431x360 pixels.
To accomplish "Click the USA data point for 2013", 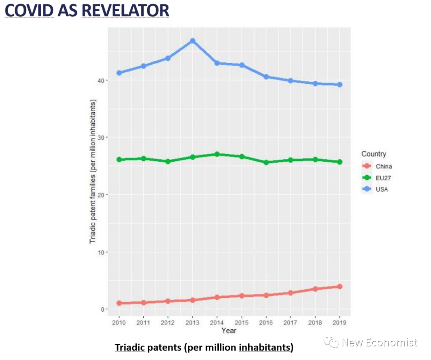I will click(192, 41).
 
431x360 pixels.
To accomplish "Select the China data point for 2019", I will click(340, 287).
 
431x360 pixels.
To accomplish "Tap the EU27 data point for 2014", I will click(217, 154).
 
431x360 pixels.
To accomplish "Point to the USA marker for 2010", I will click(119, 73).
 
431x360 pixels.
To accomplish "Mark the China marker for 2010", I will click(119, 303).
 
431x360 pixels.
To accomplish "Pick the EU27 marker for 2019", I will click(340, 162).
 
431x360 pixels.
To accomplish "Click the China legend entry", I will click(384, 167).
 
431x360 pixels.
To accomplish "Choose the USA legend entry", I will click(382, 189).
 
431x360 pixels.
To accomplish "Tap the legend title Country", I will click(374, 154).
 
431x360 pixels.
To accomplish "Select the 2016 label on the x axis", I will click(266, 322).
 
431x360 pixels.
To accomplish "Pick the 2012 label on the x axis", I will click(168, 322).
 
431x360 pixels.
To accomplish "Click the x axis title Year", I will click(229, 330).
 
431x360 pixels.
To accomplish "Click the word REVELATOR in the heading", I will click(125, 11).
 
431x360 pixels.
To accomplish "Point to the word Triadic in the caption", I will click(130, 347).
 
